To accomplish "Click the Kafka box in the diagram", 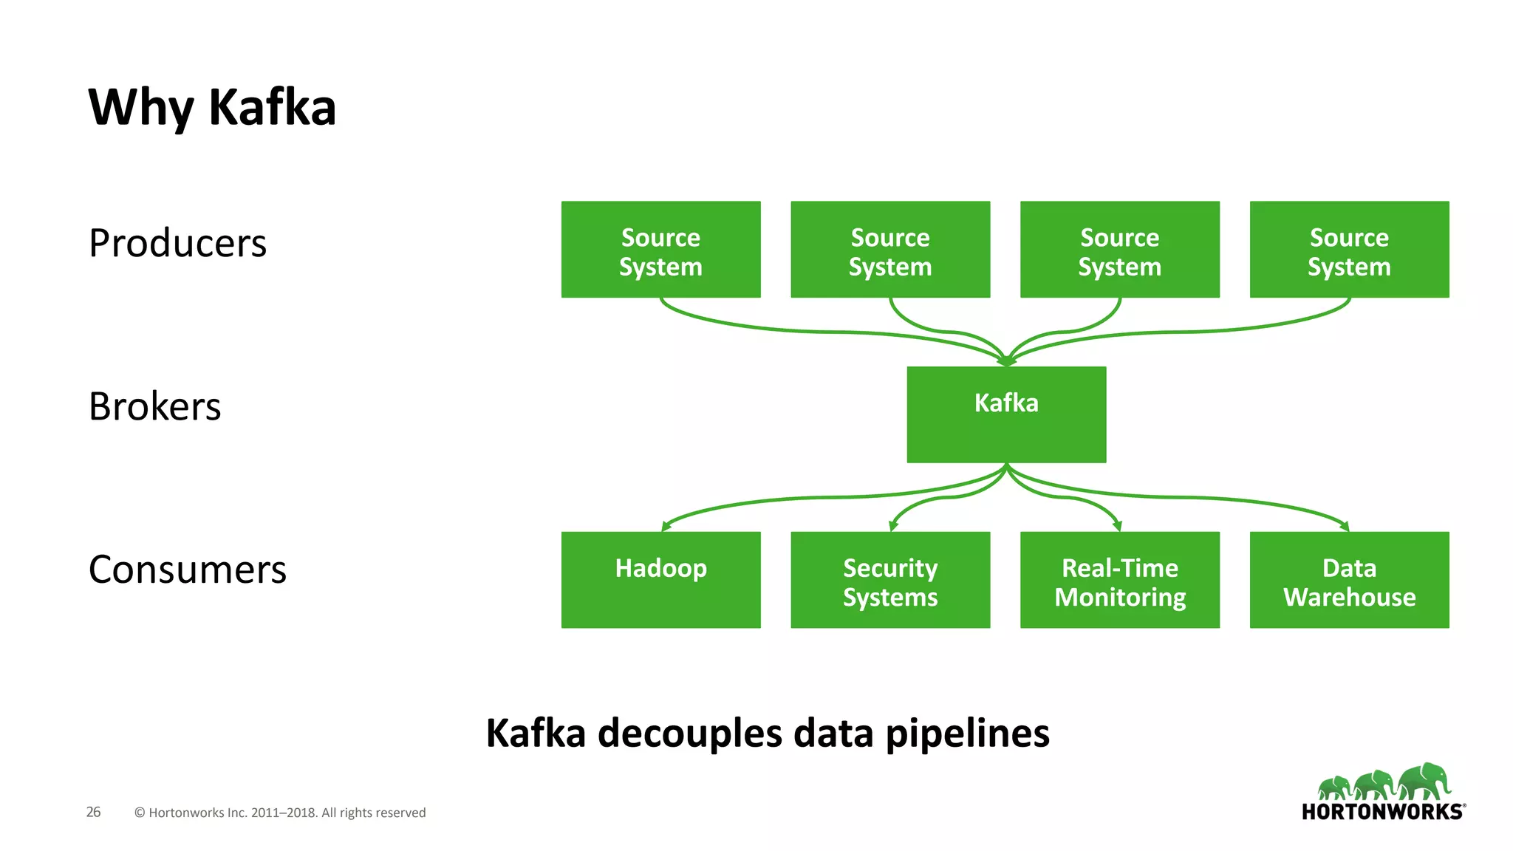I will click(x=1006, y=414).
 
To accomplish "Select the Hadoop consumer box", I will click(x=660, y=580).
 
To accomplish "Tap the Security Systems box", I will click(x=890, y=580).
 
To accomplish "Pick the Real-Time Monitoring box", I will click(x=1119, y=580).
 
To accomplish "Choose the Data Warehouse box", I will click(x=1349, y=580).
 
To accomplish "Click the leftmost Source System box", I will click(x=660, y=250).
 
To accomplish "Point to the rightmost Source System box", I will click(x=1349, y=250).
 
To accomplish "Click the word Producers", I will click(x=177, y=243).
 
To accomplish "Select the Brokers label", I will click(x=154, y=406).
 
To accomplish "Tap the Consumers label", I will click(x=187, y=570).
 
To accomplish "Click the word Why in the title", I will click(x=140, y=108).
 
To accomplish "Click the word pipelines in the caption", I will click(x=967, y=734).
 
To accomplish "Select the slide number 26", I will click(x=93, y=812).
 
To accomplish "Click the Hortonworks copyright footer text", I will click(x=280, y=813).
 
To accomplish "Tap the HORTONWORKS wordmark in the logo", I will click(x=1381, y=812).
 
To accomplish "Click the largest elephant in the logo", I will click(x=1424, y=781).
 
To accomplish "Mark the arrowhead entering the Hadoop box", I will click(x=666, y=526).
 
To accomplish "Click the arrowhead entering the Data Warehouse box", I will click(x=1345, y=526).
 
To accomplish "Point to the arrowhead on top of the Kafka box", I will click(x=1006, y=361).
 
